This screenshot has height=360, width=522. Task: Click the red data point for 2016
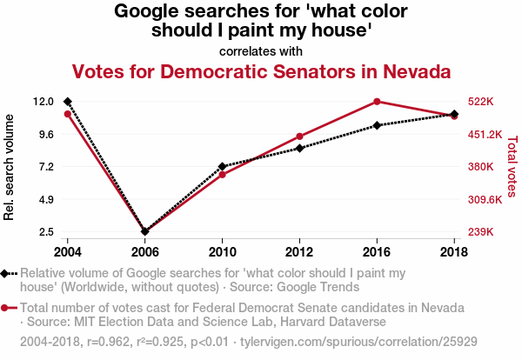tap(377, 102)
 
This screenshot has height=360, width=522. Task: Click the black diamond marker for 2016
tap(377, 125)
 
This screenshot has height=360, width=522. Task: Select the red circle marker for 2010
tap(223, 175)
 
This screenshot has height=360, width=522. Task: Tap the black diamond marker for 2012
tap(299, 148)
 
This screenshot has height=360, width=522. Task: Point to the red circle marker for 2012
tap(299, 137)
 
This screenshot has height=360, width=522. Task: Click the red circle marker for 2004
tap(68, 114)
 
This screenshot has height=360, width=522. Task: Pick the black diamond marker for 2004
tap(68, 102)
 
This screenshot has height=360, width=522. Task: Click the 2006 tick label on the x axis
tap(145, 251)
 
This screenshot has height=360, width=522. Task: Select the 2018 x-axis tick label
tap(454, 251)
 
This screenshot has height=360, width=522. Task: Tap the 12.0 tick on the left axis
tap(44, 102)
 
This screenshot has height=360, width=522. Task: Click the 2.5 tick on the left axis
tap(48, 232)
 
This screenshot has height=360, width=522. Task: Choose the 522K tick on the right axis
tap(481, 102)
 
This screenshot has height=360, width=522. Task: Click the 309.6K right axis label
tap(485, 200)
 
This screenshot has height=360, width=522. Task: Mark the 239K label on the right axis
tap(481, 232)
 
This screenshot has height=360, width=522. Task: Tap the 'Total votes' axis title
tap(512, 166)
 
